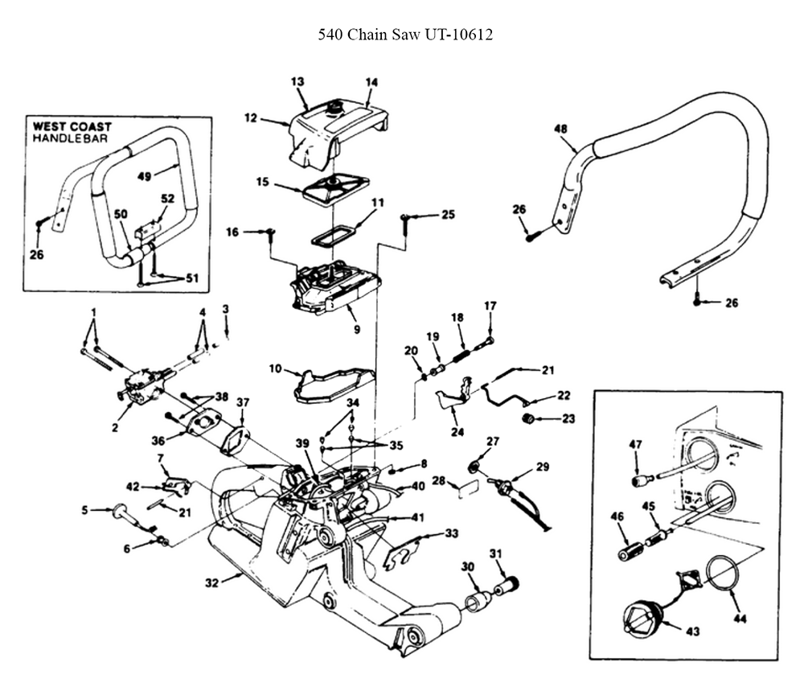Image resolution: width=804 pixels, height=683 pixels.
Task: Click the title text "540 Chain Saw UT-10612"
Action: (x=405, y=35)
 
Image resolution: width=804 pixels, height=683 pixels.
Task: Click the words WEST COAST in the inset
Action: (x=72, y=126)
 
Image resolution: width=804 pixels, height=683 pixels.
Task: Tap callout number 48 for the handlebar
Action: (x=560, y=128)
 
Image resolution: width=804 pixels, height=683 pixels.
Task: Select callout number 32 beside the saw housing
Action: (x=211, y=582)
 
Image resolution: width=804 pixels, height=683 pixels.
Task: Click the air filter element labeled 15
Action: (x=334, y=192)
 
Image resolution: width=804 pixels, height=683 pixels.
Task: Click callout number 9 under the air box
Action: (x=358, y=330)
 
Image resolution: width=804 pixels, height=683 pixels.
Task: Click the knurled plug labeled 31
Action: (x=507, y=585)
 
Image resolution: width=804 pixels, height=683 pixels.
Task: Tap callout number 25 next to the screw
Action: (x=448, y=214)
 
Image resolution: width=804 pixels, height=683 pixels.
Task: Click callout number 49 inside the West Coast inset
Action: (x=145, y=176)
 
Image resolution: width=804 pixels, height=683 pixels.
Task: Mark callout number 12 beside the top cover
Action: (x=250, y=118)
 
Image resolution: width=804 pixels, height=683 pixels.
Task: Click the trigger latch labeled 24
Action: (x=453, y=394)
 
